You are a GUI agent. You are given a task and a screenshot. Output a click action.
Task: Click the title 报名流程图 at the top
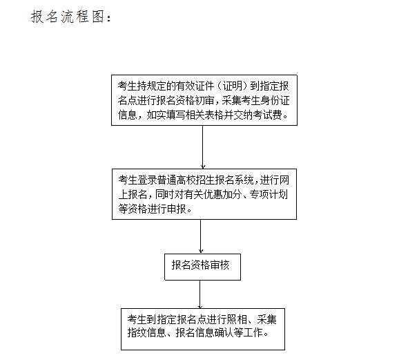coord(68,17)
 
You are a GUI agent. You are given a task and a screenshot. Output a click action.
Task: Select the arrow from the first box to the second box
coord(203,147)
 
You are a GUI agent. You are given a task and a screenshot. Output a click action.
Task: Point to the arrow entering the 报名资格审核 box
coord(200,236)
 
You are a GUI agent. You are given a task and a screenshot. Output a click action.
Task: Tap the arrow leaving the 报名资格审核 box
coord(200,294)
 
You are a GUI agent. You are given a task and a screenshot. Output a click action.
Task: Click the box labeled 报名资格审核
coord(202,267)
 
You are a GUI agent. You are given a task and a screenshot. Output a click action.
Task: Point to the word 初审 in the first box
coord(204,101)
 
